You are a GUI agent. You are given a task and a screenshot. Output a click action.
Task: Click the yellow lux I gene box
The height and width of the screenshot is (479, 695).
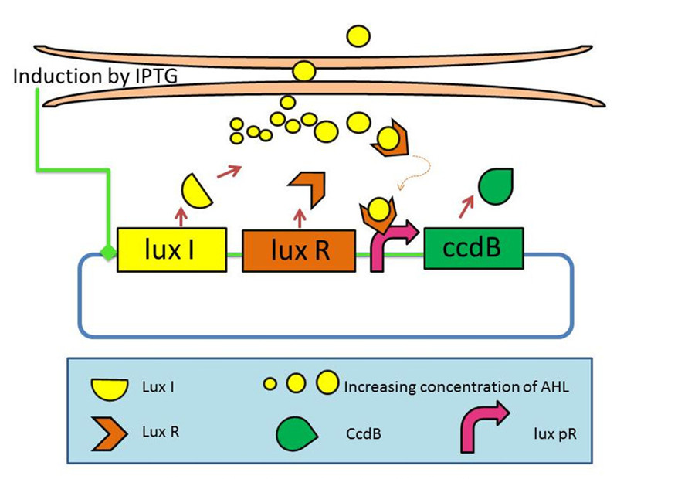pyautogui.click(x=171, y=250)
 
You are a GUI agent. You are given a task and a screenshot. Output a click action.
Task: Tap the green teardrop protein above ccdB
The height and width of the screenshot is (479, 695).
pyautogui.click(x=491, y=185)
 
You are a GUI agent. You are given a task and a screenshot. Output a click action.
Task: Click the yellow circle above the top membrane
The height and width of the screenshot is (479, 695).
pyautogui.click(x=358, y=36)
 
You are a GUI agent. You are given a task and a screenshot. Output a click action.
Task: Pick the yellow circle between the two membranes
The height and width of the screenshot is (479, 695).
pyautogui.click(x=303, y=72)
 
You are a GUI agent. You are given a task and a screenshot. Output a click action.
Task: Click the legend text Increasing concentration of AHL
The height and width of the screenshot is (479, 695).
pyautogui.click(x=456, y=386)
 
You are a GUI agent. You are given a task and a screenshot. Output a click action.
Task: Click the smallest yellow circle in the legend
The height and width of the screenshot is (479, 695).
pyautogui.click(x=270, y=385)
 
